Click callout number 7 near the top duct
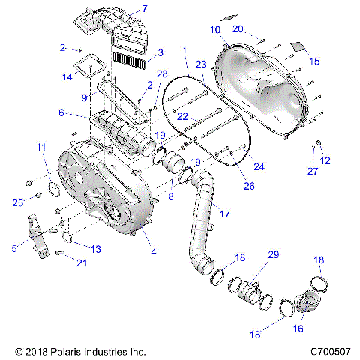pos(145,9)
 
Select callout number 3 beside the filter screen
pos(159,52)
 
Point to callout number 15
pos(313,61)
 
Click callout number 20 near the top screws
pos(238,28)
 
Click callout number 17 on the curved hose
pos(223,214)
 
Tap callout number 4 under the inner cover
pos(154,252)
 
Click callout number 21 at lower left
pos(82,262)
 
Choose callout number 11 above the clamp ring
pos(40,147)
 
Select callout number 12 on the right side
pos(325,160)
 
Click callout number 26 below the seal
pos(248,186)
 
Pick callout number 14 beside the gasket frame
pos(67,76)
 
